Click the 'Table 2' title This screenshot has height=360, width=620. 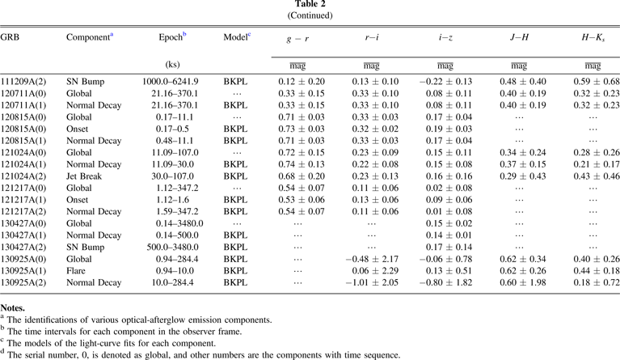click(310, 6)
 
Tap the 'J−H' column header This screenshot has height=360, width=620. click(512, 38)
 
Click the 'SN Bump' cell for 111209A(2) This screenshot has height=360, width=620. click(84, 81)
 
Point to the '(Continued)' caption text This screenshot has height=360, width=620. click(310, 16)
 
